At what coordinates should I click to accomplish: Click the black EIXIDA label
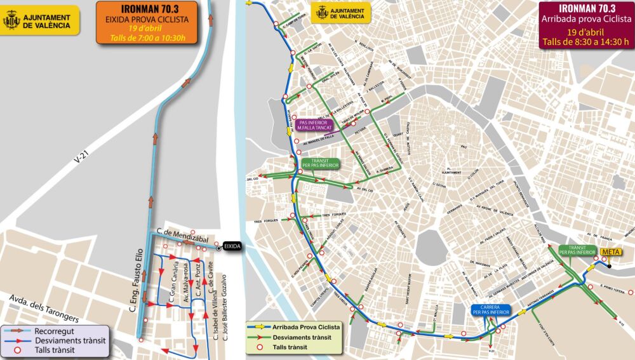pos(233,248)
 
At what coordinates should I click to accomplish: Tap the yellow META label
pos(610,252)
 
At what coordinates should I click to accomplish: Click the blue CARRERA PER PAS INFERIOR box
pos(491,310)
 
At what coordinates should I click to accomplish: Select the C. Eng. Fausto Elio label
pos(135,285)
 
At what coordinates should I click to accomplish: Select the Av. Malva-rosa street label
pos(187,283)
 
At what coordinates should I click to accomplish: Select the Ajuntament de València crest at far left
pos(12,20)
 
